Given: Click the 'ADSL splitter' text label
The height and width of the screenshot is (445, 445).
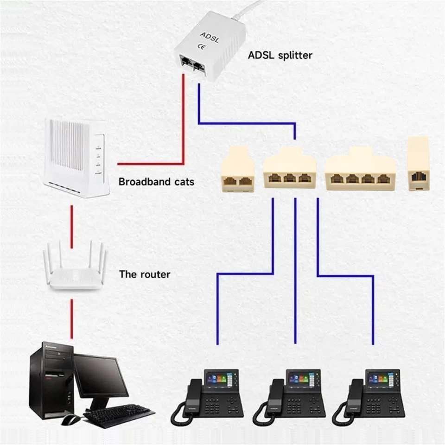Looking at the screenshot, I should [x=280, y=56].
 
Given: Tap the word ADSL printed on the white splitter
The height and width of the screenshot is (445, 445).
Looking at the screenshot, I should [x=205, y=35].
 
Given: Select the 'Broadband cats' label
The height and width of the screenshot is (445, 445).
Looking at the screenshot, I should [x=156, y=182].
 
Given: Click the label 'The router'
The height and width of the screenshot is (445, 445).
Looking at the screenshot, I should [x=144, y=274].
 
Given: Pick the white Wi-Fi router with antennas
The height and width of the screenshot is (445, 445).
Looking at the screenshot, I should [x=74, y=271].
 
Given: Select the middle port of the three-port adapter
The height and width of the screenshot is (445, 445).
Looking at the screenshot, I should [x=290, y=178].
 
